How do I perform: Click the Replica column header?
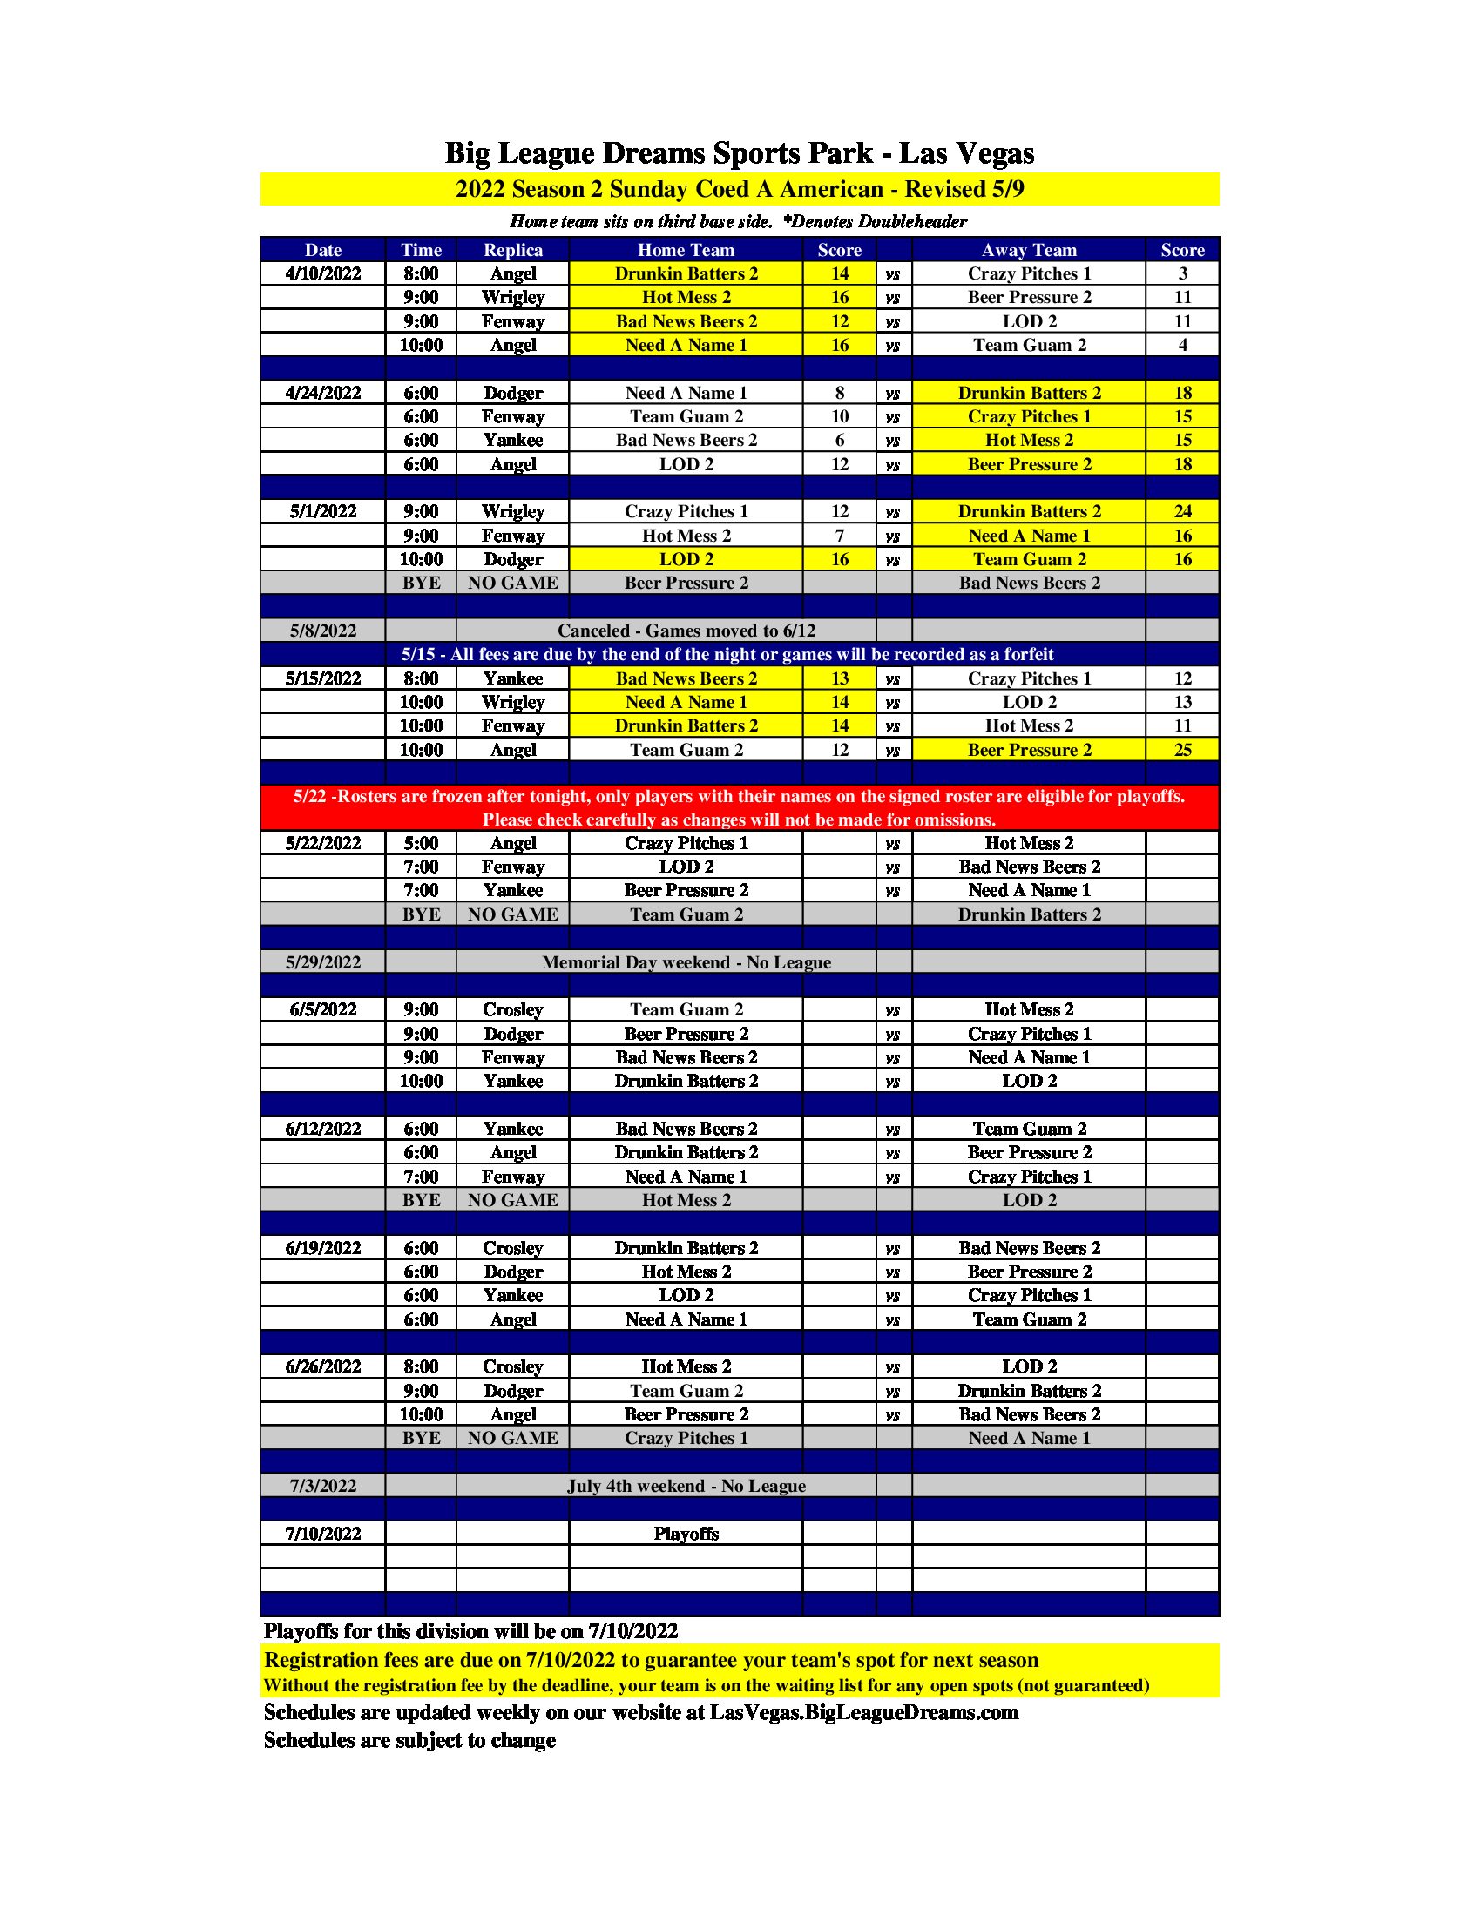coord(512,250)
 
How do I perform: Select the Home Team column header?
coord(686,250)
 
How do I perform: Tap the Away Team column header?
coord(1028,250)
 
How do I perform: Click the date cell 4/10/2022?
coord(323,273)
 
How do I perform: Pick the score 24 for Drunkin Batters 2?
coord(1182,511)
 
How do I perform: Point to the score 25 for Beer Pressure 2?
coord(1182,750)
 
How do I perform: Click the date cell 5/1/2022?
coord(323,511)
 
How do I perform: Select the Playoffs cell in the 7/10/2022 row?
coord(686,1534)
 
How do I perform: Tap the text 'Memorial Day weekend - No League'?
coord(686,962)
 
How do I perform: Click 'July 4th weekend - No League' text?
coord(686,1486)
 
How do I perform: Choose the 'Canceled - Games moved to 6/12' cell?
coord(686,631)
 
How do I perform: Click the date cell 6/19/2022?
coord(323,1248)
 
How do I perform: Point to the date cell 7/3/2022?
coord(323,1486)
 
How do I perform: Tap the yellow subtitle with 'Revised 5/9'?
coord(739,190)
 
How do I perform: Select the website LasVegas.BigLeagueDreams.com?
coord(863,1712)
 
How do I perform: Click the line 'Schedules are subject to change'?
coord(409,1741)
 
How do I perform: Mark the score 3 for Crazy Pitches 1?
coord(1182,273)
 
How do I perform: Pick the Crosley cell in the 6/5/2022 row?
coord(512,1009)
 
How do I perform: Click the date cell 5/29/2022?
coord(323,962)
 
